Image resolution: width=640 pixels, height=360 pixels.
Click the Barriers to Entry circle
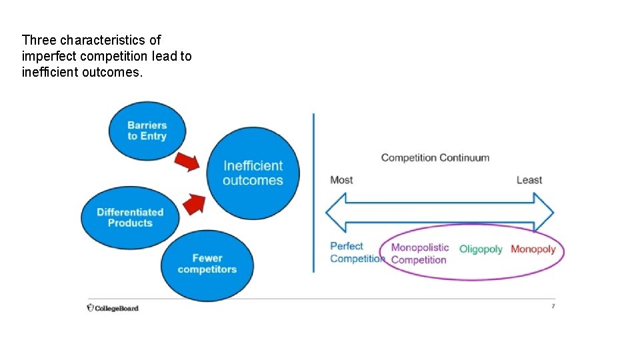coord(147,130)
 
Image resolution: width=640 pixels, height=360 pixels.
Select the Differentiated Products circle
coord(130,217)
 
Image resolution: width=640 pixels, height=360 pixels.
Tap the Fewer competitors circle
coord(207,264)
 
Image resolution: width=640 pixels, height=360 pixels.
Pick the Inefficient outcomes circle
coord(253,173)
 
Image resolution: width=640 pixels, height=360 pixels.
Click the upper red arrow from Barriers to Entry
coord(187,161)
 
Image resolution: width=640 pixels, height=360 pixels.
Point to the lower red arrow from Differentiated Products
coord(193,203)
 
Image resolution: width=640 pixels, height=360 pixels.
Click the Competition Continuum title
coord(435,158)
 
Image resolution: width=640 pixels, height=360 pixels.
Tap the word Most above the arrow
coord(341,180)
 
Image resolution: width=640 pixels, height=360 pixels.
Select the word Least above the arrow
coord(529,180)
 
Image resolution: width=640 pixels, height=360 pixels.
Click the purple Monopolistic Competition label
coord(419,253)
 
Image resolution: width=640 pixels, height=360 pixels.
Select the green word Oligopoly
coord(481,249)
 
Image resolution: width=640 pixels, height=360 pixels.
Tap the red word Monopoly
coord(533,249)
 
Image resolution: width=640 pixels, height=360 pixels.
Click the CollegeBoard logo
coord(113,308)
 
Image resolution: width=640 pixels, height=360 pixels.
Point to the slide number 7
coord(553,306)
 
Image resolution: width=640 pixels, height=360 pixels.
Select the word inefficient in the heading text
coord(50,72)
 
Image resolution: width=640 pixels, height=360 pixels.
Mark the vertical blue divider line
coord(313,193)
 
